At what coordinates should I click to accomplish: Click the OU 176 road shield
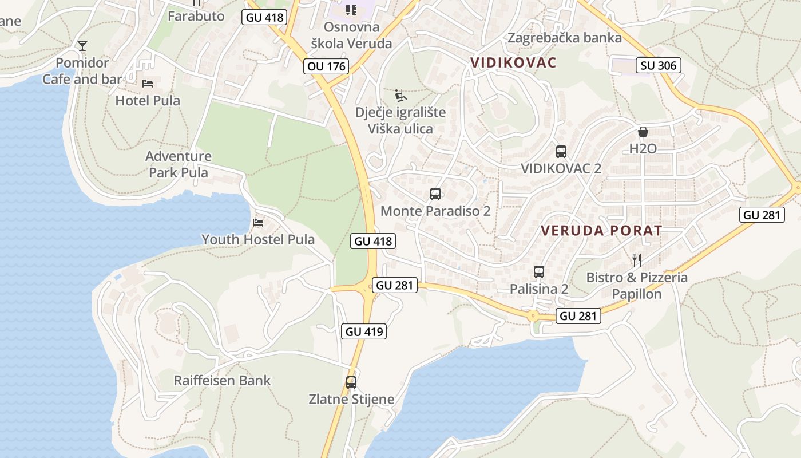[326, 66]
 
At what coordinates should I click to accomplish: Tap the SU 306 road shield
[658, 65]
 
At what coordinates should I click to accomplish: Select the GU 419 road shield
[364, 331]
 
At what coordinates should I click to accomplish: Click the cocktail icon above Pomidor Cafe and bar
[82, 46]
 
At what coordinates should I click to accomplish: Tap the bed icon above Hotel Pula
[148, 84]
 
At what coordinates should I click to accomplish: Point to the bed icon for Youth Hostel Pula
[259, 222]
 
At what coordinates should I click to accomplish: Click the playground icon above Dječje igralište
[400, 94]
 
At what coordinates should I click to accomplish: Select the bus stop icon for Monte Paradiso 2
[435, 194]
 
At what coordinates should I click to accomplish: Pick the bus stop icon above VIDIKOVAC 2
[561, 152]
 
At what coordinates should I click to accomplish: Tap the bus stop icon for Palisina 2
[539, 272]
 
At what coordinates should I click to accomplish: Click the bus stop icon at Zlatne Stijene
[351, 382]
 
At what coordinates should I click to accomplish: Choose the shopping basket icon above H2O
[643, 132]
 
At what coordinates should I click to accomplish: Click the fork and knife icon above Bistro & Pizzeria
[637, 260]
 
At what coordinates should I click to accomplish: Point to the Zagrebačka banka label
[565, 38]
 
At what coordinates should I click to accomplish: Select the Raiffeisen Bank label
[222, 381]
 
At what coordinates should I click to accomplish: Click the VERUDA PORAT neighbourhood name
[601, 231]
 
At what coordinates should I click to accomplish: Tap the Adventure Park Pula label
[179, 164]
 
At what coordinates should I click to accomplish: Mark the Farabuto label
[196, 16]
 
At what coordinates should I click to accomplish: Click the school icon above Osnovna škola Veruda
[351, 10]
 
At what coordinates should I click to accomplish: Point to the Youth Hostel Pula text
[258, 239]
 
